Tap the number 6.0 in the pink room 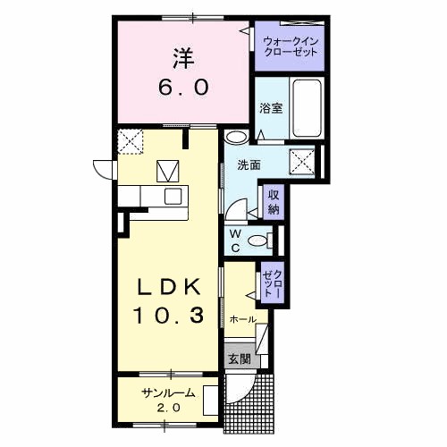point(185,88)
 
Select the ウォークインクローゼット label point(288,46)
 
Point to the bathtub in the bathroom point(308,108)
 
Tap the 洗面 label point(249,165)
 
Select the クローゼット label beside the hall point(272,283)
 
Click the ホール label point(243,319)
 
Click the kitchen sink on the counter point(170,195)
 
